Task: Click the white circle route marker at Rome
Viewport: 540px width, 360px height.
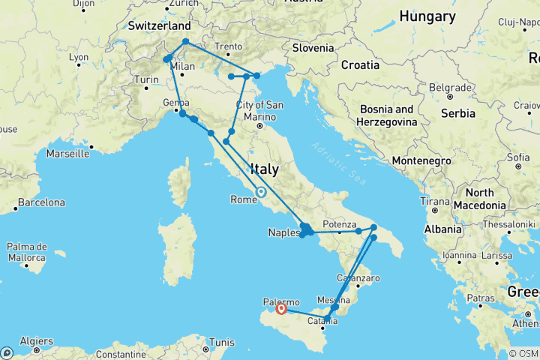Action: point(261,191)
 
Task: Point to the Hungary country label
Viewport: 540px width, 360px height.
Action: point(427,16)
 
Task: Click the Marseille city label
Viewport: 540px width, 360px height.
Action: point(67,154)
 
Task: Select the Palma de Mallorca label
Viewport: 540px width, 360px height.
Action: point(26,251)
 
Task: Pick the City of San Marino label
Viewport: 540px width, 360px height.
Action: point(259,110)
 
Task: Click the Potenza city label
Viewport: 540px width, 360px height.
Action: point(338,224)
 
